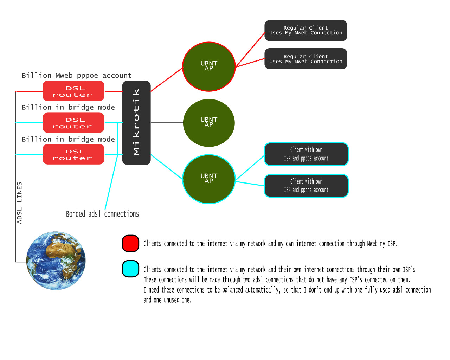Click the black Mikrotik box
[136, 123]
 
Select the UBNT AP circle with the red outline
[209, 66]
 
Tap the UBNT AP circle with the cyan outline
[209, 179]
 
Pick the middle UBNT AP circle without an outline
[209, 123]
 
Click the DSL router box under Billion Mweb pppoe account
[73, 91]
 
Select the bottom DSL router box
[73, 154]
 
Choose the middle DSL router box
[73, 123]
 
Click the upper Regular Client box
[306, 31]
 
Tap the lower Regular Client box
[306, 59]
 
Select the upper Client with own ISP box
[306, 154]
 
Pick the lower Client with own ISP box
[306, 186]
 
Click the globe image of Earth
[56, 261]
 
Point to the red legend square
[130, 243]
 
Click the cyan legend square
[130, 269]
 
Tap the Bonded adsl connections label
[102, 214]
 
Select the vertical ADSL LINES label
[19, 203]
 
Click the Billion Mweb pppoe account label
[77, 75]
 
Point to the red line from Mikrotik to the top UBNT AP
[167, 79]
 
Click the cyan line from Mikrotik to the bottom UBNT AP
[167, 167]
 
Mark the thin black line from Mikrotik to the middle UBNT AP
[167, 122]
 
